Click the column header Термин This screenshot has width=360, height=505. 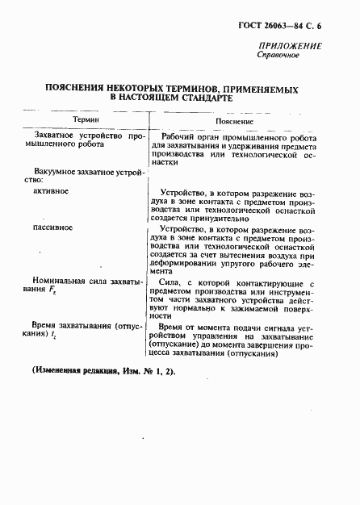pos(86,118)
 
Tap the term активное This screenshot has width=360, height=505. pos(51,192)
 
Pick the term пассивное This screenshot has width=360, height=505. pos(53,227)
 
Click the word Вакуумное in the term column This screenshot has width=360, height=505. pos(59,170)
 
